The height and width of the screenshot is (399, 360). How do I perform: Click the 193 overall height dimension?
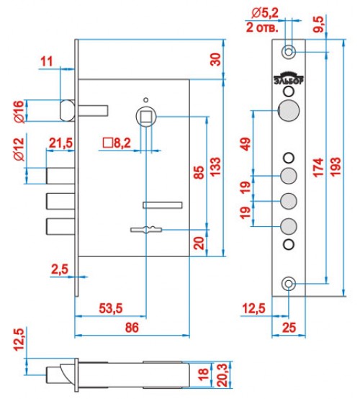point(336,166)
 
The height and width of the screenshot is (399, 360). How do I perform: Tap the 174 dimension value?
point(318,167)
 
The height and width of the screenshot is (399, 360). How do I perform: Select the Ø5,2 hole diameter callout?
point(265,14)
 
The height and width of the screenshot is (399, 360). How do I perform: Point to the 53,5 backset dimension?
point(111,308)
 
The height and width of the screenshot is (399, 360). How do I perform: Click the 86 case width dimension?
point(132,327)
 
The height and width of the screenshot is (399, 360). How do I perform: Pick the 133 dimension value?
point(215,166)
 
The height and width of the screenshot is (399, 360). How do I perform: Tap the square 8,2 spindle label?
point(117,143)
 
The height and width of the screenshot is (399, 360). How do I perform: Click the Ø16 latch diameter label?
point(20,112)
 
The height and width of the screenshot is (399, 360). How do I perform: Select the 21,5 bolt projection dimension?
point(60,143)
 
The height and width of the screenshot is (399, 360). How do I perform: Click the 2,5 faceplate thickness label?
point(60,269)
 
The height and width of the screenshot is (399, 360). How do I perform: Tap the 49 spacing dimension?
point(246,144)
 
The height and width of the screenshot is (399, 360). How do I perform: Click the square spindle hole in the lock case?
point(145,117)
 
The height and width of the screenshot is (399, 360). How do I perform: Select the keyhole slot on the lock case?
point(146,229)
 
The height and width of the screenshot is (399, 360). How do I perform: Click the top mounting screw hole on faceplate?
point(288,52)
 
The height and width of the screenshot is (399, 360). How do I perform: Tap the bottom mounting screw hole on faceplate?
point(288,283)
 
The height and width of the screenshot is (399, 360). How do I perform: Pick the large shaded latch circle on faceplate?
point(289,111)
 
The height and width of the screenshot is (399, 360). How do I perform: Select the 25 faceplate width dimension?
point(289,328)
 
